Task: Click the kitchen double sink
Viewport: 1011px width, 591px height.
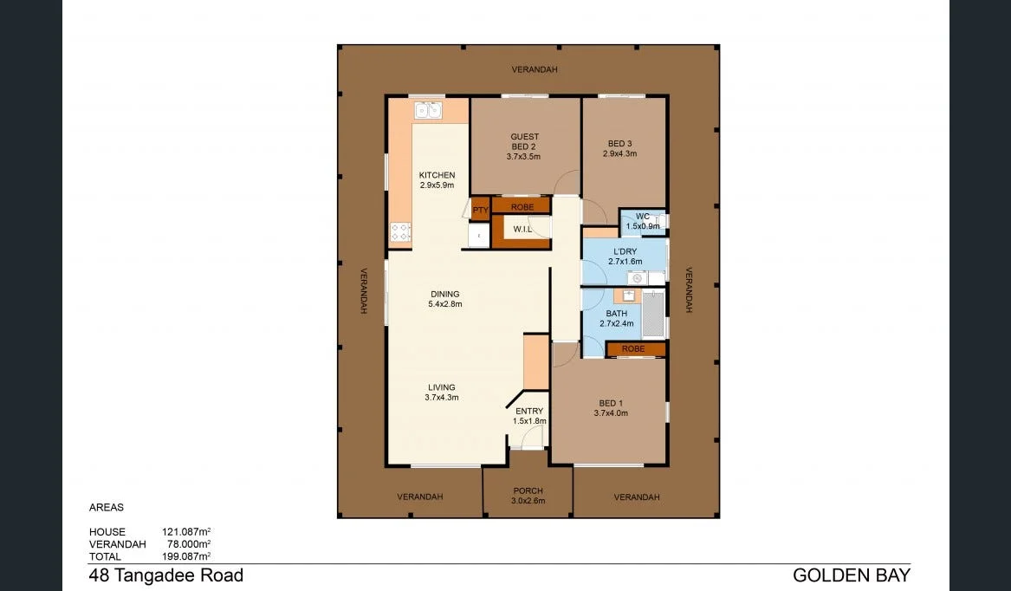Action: (428, 110)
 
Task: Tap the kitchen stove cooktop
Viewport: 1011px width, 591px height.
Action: (400, 231)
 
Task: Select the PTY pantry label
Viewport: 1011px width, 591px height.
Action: (480, 209)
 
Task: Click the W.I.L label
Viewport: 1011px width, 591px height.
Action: (522, 229)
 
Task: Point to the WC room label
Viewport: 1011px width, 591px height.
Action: (642, 217)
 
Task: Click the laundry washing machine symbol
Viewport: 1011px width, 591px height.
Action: (638, 278)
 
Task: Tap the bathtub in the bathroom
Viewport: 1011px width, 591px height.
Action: (655, 314)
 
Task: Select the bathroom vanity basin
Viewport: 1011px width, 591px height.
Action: (630, 296)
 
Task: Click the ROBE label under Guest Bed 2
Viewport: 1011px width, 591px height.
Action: (522, 207)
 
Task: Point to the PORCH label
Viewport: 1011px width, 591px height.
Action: (528, 490)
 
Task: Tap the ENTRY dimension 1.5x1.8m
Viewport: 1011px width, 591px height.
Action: (528, 421)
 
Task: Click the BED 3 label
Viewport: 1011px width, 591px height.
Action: (619, 144)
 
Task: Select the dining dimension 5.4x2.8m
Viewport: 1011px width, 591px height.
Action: (444, 304)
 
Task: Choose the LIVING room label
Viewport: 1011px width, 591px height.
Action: (441, 387)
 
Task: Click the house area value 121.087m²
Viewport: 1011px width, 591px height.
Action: (186, 532)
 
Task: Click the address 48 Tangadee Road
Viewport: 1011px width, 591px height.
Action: (165, 575)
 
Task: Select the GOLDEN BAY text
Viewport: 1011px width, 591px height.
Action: (851, 575)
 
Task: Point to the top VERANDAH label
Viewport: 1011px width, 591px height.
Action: (534, 69)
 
